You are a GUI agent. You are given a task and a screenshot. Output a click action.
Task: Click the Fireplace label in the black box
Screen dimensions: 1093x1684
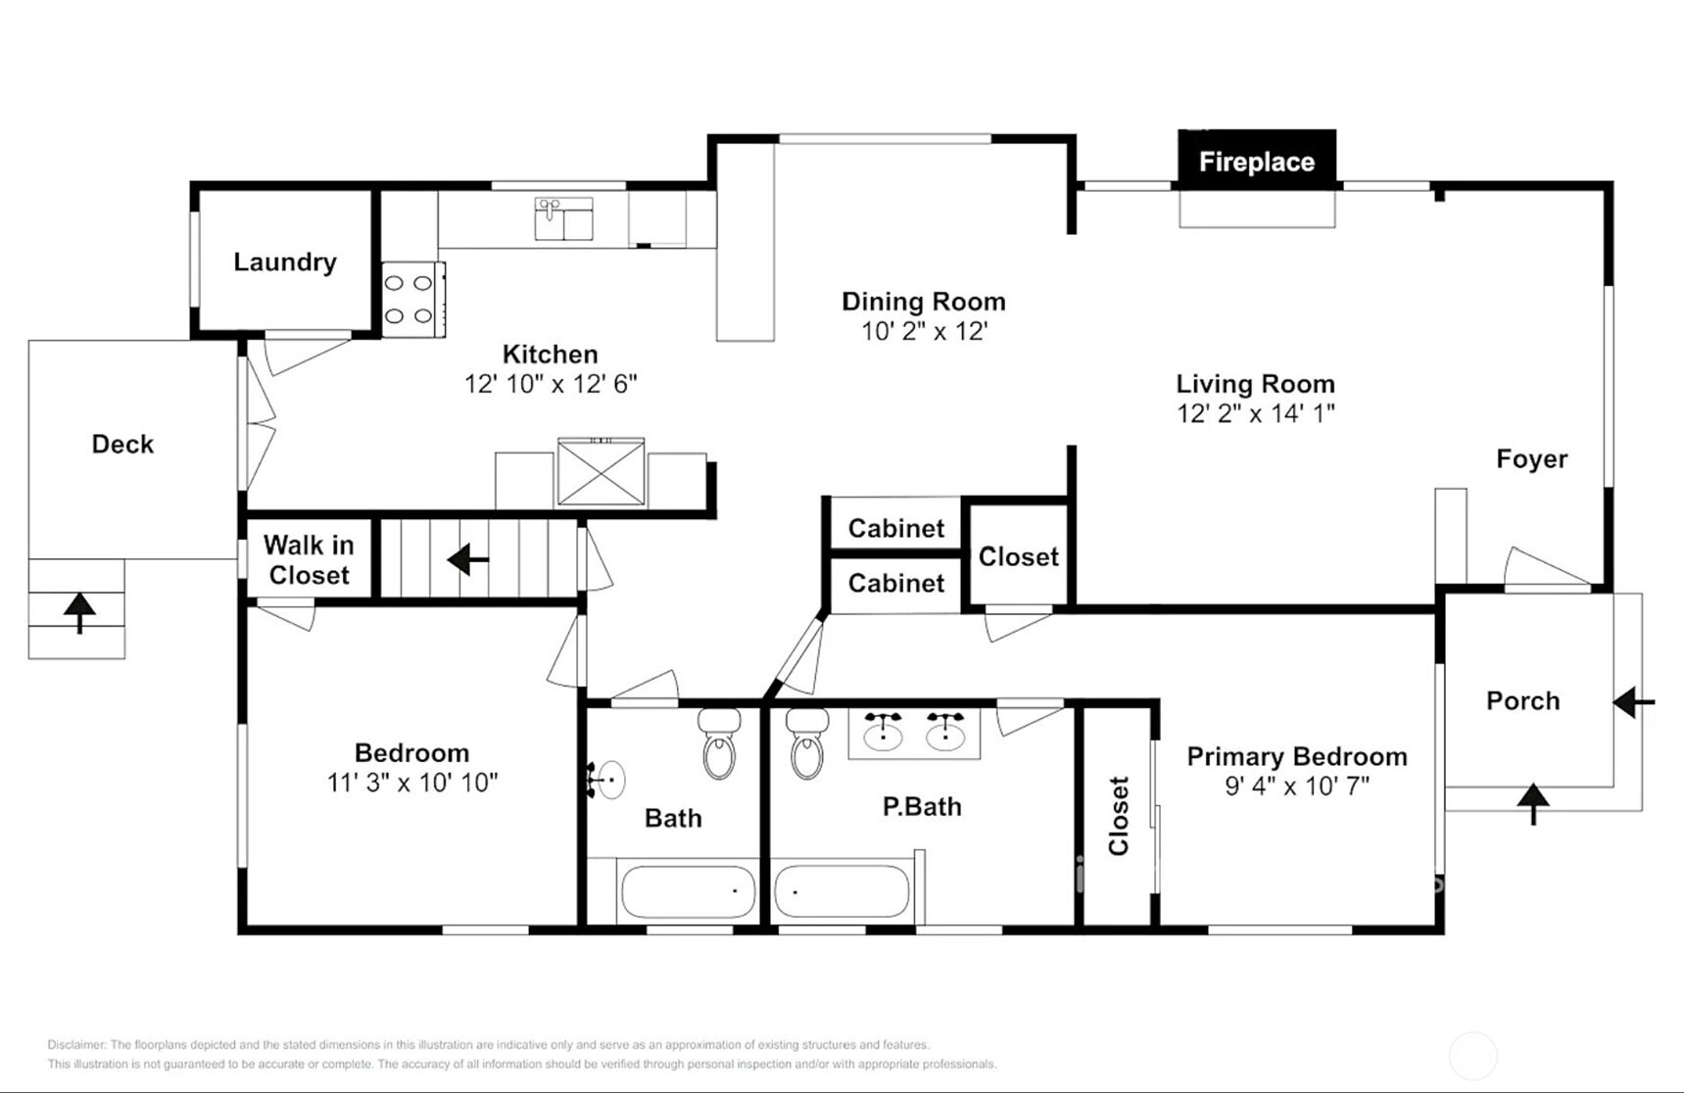1256,162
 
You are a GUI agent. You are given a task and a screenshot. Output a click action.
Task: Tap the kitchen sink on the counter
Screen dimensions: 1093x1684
563,218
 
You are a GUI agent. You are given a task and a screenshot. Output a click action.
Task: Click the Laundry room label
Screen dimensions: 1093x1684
284,261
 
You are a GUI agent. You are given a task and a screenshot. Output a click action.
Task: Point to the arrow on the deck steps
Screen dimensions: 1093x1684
79,612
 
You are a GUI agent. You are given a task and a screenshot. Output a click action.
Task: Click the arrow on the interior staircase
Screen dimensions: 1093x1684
468,560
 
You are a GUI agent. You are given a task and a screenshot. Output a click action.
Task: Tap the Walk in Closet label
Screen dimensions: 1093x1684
309,560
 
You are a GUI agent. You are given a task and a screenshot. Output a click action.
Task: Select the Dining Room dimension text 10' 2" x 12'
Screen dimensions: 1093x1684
924,331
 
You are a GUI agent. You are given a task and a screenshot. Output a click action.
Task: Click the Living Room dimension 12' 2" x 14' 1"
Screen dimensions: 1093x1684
1255,413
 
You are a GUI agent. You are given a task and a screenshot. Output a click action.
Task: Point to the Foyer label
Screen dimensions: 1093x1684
1531,458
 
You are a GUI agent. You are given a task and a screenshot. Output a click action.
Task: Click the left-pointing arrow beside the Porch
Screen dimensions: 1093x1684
1633,701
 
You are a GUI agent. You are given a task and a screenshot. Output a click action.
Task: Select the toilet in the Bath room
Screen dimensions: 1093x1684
719,746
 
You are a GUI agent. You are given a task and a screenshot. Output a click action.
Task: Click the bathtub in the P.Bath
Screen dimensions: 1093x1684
842,891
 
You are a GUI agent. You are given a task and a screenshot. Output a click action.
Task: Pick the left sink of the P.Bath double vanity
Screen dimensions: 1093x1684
883,732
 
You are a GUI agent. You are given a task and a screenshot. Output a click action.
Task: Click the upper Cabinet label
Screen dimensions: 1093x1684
895,528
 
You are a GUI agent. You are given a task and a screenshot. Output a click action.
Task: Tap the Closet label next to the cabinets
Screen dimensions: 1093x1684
1018,556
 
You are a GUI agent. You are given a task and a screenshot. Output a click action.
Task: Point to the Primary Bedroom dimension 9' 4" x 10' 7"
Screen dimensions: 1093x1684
1296,785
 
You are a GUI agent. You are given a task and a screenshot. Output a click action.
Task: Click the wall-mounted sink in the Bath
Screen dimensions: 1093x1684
609,780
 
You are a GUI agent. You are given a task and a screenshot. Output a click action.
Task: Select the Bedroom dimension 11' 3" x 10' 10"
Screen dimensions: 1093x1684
411,782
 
